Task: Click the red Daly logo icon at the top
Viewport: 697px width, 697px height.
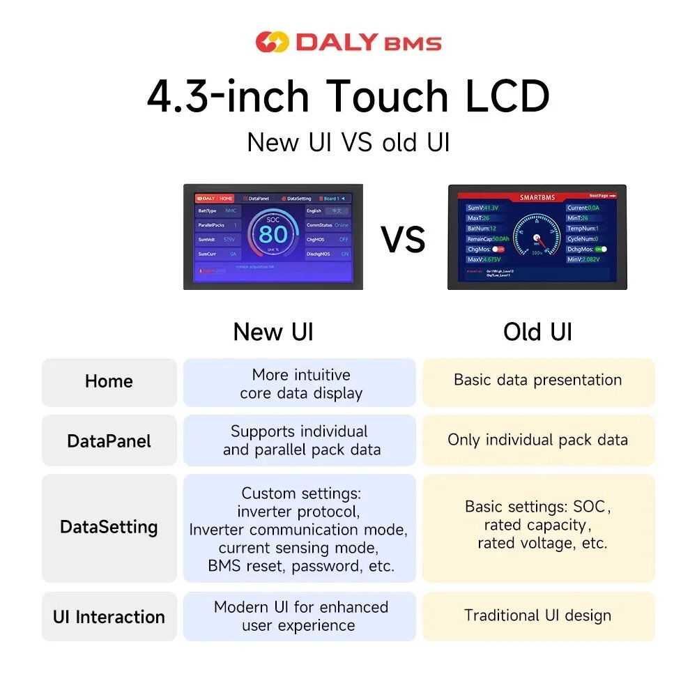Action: (271, 42)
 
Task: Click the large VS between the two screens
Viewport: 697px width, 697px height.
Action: (403, 239)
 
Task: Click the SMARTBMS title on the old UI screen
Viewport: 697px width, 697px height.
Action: (537, 197)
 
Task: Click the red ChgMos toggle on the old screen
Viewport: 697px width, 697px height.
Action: (498, 249)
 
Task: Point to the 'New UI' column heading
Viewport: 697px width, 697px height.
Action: (273, 332)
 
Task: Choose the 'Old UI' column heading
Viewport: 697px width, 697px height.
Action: (537, 332)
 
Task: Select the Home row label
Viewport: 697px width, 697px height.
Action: (109, 381)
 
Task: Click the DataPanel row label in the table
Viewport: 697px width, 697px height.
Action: (109, 441)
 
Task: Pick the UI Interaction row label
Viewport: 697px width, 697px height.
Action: (109, 617)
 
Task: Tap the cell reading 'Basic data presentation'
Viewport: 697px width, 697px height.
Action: (537, 380)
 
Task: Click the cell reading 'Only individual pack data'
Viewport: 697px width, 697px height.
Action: (537, 440)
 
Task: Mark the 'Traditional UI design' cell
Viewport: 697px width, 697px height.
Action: (537, 615)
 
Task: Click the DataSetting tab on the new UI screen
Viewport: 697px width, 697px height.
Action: (298, 199)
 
